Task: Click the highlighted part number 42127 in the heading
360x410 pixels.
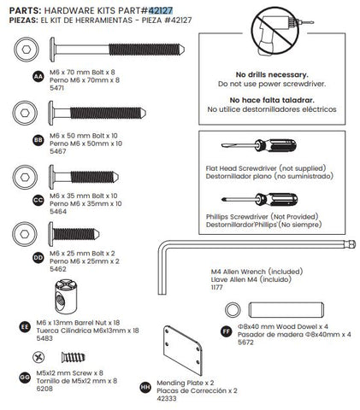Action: pyautogui.click(x=161, y=10)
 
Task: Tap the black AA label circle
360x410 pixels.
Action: pyautogui.click(x=38, y=77)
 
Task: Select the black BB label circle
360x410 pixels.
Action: pyautogui.click(x=38, y=140)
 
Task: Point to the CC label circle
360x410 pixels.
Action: pyautogui.click(x=38, y=200)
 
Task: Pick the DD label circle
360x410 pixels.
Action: pyautogui.click(x=38, y=258)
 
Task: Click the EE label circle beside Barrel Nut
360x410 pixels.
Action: pyautogui.click(x=25, y=327)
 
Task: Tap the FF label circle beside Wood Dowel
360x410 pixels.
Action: pyautogui.click(x=227, y=331)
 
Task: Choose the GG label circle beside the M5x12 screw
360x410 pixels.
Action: pyautogui.click(x=25, y=378)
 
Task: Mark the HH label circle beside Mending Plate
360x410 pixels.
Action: pyautogui.click(x=145, y=388)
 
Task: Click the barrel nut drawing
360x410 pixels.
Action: pyautogui.click(x=66, y=296)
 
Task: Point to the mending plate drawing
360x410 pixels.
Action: pyautogui.click(x=183, y=350)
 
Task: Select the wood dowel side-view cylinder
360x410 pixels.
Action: pyautogui.click(x=286, y=310)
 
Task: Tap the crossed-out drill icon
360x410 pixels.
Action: pyautogui.click(x=275, y=31)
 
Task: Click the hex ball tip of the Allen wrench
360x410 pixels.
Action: pyautogui.click(x=351, y=244)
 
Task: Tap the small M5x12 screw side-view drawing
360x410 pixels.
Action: pyautogui.click(x=74, y=357)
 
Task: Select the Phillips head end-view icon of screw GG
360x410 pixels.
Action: pyautogui.click(x=38, y=357)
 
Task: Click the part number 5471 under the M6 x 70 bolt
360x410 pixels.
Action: pyautogui.click(x=56, y=88)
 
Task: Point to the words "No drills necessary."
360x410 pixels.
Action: pyautogui.click(x=272, y=75)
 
